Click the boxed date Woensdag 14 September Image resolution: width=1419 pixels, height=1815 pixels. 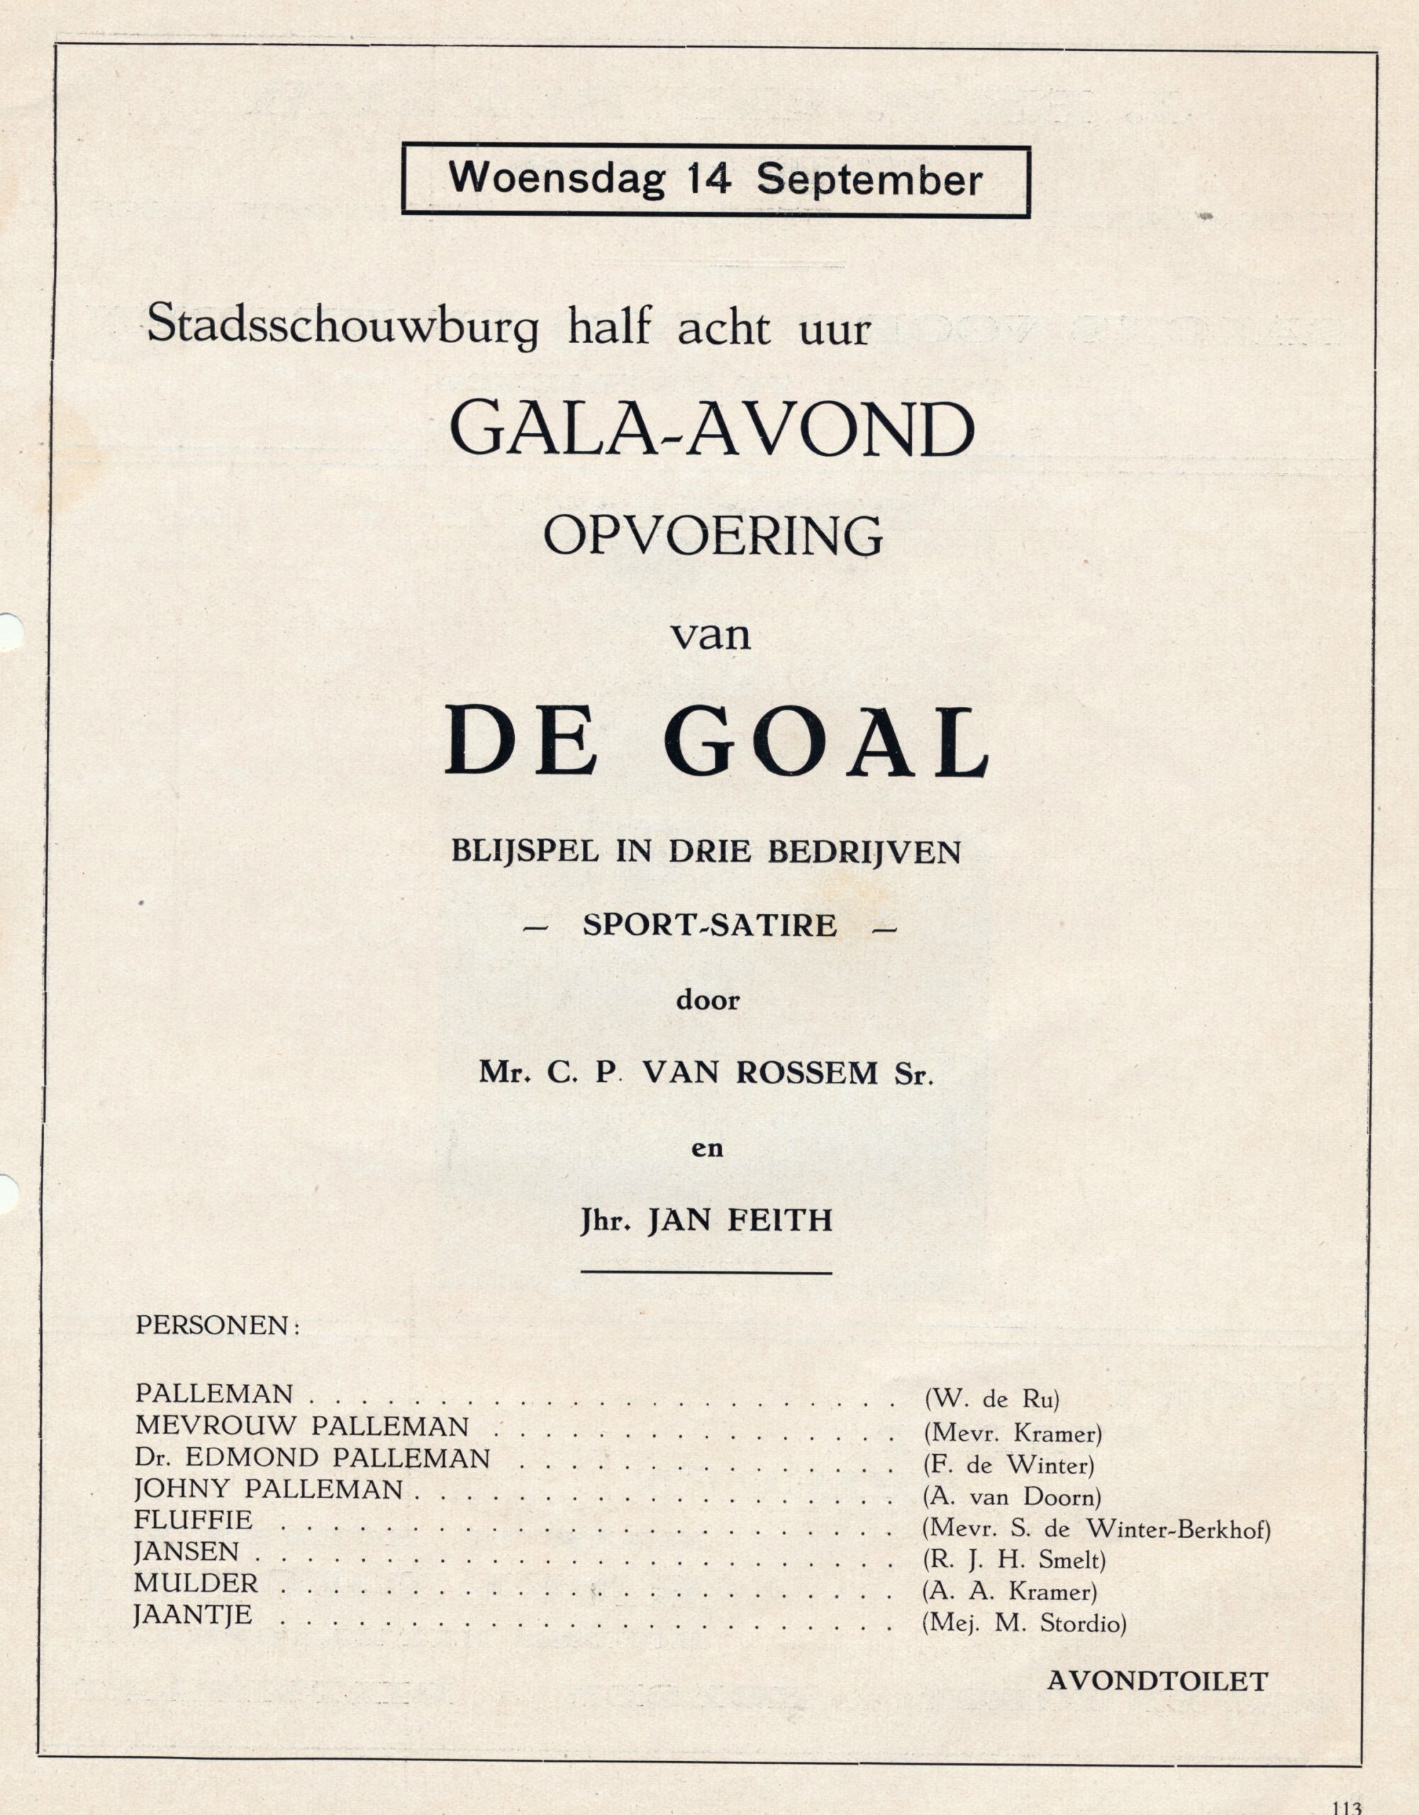tap(715, 179)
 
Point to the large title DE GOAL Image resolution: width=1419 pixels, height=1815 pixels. tap(716, 742)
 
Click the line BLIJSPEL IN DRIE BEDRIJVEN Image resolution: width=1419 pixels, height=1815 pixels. tap(706, 853)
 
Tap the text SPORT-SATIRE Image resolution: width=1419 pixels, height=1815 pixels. tap(709, 925)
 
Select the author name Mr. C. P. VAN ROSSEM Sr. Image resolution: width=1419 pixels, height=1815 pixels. tap(706, 1073)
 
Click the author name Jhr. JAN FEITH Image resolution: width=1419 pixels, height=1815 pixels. tap(706, 1220)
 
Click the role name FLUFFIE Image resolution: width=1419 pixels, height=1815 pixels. tap(194, 1519)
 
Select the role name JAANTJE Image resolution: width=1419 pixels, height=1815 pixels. tap(193, 1615)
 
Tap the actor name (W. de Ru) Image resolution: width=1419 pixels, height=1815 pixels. tap(991, 1400)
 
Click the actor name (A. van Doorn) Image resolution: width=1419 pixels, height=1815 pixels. tap(1012, 1497)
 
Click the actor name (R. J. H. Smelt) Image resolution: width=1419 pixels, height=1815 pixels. tap(1013, 1560)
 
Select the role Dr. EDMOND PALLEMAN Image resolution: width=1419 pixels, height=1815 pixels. tap(312, 1458)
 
